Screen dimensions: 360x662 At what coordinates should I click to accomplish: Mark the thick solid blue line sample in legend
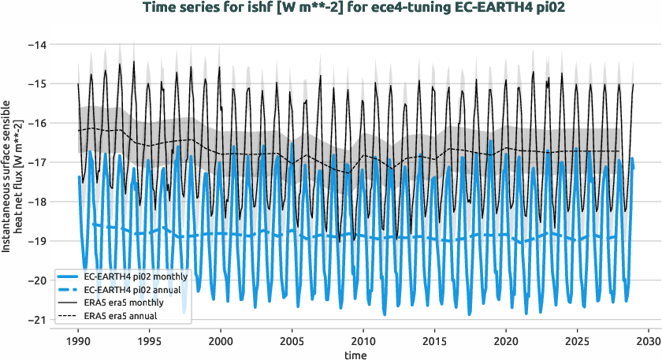69,277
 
